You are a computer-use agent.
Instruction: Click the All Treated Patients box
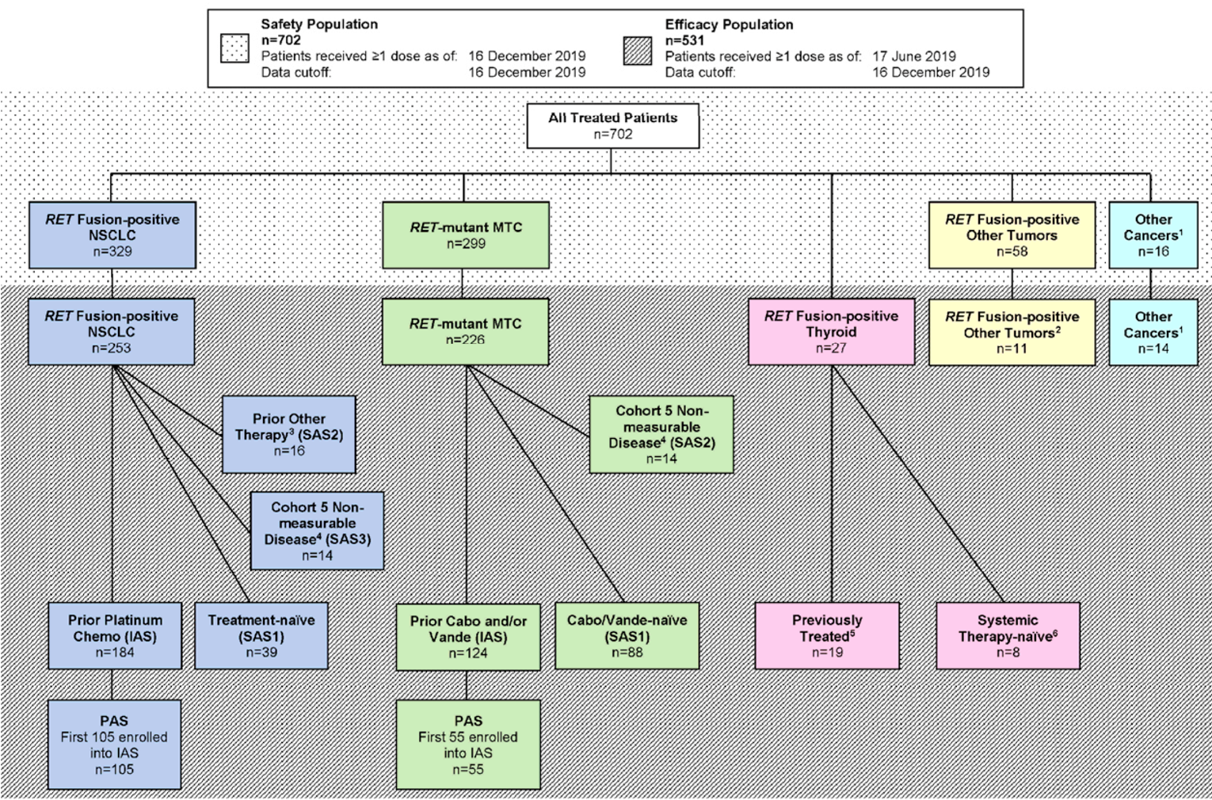point(612,126)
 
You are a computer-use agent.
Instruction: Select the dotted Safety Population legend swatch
point(234,49)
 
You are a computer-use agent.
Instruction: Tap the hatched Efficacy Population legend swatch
point(638,51)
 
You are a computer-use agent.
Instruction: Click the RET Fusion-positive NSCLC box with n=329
point(112,235)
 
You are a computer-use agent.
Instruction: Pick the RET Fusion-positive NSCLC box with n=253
point(111,332)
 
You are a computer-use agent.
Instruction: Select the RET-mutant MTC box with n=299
point(465,235)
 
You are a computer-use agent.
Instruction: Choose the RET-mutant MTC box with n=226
point(465,332)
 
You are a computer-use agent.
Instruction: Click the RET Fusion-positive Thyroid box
point(831,332)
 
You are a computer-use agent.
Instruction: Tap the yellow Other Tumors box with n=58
point(1012,235)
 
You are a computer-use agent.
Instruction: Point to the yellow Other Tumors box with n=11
point(1012,332)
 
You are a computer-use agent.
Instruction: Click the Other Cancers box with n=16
point(1153,235)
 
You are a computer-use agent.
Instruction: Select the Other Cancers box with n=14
point(1153,332)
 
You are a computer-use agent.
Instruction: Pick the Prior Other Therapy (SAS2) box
point(288,435)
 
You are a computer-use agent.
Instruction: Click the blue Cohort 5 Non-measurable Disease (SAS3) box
point(317,531)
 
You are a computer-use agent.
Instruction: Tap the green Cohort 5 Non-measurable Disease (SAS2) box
point(661,435)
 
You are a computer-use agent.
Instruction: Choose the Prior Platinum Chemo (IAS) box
point(114,636)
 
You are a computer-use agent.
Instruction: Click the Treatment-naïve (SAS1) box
point(261,636)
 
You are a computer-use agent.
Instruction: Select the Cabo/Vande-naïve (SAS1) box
point(627,636)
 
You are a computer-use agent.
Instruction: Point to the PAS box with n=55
point(468,745)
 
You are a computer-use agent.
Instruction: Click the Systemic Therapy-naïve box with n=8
point(1008,636)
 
